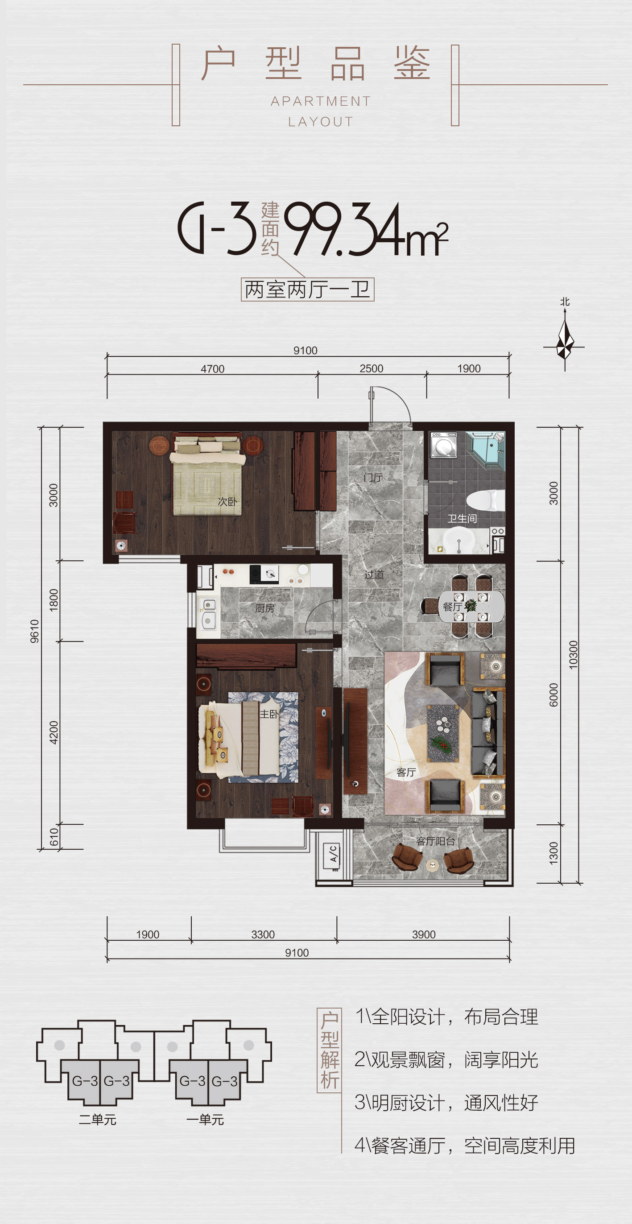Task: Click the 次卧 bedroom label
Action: pyautogui.click(x=227, y=501)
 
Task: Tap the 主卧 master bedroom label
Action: pyautogui.click(x=268, y=714)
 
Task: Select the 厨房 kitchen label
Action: pyautogui.click(x=264, y=608)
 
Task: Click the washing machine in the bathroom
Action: pyautogui.click(x=443, y=445)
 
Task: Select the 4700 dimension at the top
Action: pyautogui.click(x=212, y=369)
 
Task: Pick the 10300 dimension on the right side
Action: pyautogui.click(x=574, y=655)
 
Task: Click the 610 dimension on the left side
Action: pyautogui.click(x=54, y=837)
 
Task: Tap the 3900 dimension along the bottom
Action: pyautogui.click(x=423, y=934)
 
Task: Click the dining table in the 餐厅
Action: pyautogui.click(x=471, y=606)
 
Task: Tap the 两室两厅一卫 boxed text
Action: pyautogui.click(x=307, y=289)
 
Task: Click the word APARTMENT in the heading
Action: pyautogui.click(x=321, y=101)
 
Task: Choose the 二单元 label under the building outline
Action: pyautogui.click(x=97, y=1120)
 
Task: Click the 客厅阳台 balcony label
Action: pyautogui.click(x=435, y=841)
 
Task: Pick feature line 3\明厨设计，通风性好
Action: pyautogui.click(x=446, y=1102)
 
